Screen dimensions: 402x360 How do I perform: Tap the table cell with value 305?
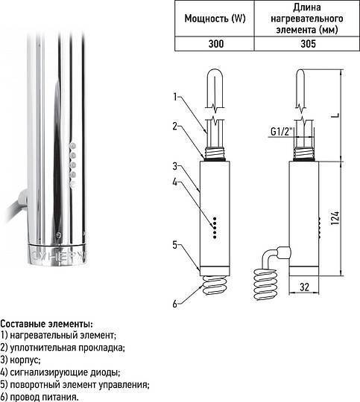tap(304, 44)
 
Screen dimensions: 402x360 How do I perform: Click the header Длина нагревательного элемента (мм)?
tap(304, 18)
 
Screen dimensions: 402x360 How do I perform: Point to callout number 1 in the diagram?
tap(175, 97)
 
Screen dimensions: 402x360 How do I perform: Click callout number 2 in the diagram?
tap(175, 126)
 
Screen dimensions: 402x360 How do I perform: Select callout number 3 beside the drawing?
tap(175, 165)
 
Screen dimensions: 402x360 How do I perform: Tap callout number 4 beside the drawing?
tap(175, 181)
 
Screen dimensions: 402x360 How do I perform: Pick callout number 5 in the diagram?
tap(175, 244)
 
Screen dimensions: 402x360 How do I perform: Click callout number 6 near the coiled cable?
tap(175, 303)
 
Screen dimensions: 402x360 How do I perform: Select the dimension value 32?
tap(303, 285)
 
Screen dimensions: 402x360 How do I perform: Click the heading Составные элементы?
tap(47, 325)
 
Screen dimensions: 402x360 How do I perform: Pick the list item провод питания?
tap(42, 397)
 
